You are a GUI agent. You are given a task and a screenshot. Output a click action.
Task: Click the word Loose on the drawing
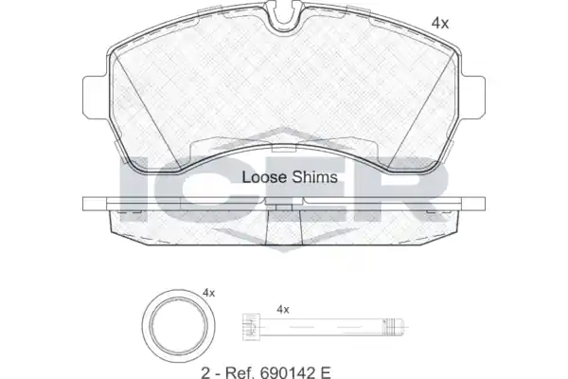265,177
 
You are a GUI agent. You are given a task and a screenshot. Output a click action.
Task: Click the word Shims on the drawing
315,177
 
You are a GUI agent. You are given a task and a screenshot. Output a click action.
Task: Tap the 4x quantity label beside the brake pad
440,24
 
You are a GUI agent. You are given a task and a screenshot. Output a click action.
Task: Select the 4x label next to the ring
208,293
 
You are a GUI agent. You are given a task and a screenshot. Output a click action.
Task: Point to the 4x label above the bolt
283,310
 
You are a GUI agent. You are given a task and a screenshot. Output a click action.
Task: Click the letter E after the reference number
326,372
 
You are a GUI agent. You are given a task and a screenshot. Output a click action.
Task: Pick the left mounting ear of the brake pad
95,97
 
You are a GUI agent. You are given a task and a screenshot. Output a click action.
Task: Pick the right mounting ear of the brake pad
473,97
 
